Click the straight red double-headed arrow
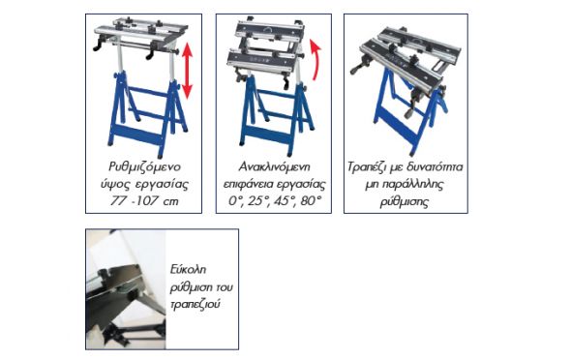tap(187, 71)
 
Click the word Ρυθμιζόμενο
tap(144, 167)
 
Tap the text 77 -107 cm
tap(144, 201)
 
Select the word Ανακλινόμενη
tap(274, 167)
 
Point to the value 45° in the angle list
tap(284, 201)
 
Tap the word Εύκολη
tap(188, 270)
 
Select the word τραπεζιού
tap(195, 304)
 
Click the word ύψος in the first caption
tap(115, 184)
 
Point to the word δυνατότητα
tap(435, 167)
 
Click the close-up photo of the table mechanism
tap(126, 289)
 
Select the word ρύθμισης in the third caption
tap(404, 201)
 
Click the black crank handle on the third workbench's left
tap(359, 68)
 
